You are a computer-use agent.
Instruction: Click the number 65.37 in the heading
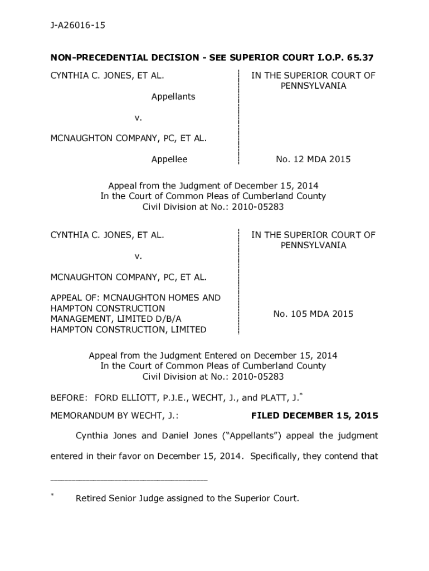click(362, 57)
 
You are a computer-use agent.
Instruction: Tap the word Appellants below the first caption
click(173, 96)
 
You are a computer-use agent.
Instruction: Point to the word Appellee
click(169, 159)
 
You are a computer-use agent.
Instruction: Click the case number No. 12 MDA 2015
click(313, 159)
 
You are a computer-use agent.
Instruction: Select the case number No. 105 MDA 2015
click(313, 314)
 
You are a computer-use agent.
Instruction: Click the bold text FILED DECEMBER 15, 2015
click(315, 415)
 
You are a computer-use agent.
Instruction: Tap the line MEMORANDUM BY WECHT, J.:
click(114, 415)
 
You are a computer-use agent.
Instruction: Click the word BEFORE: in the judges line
click(69, 398)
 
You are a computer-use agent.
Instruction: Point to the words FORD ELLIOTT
click(124, 398)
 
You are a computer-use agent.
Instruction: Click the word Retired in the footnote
click(92, 499)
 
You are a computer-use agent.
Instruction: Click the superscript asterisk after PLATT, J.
click(301, 395)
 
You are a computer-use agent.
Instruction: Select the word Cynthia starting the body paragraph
click(92, 435)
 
